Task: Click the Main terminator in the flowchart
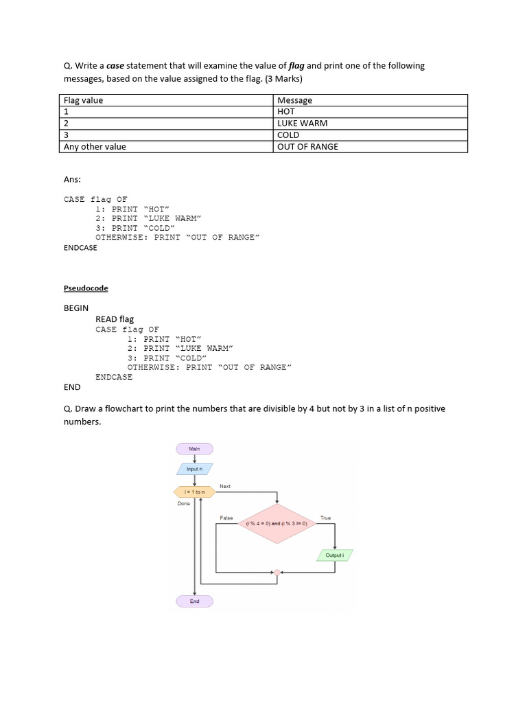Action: click(x=195, y=448)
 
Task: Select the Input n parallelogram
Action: click(x=195, y=469)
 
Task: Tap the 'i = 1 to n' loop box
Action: click(x=195, y=492)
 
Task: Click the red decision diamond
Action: click(x=277, y=523)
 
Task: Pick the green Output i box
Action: click(x=335, y=555)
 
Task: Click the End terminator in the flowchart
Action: click(x=195, y=601)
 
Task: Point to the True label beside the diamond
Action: click(x=325, y=518)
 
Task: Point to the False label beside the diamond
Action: click(x=226, y=518)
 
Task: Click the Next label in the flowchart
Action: click(x=225, y=486)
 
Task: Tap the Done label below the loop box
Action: click(x=183, y=503)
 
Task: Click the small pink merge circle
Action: click(x=277, y=572)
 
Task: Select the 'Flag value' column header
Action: click(x=83, y=100)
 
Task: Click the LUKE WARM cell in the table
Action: click(x=302, y=124)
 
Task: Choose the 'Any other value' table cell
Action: click(x=95, y=147)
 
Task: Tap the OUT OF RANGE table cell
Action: click(x=307, y=147)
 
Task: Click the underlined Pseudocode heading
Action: click(x=86, y=288)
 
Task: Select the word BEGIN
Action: click(x=76, y=308)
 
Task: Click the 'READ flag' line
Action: click(x=115, y=319)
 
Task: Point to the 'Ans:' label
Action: click(x=72, y=179)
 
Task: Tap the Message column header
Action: click(x=294, y=100)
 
